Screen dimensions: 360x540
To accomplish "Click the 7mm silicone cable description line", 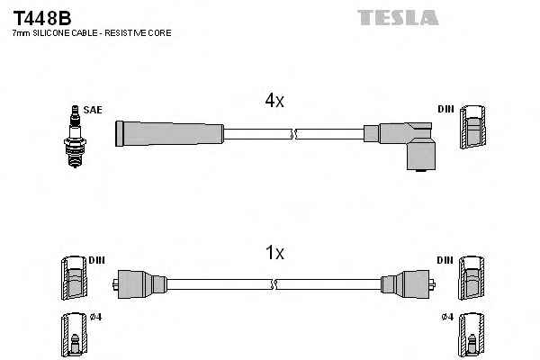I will point(91,33).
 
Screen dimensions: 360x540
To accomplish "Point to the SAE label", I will point(92,110).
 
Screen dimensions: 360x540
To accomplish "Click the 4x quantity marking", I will point(274,103).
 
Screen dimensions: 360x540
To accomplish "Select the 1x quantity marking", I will point(274,254).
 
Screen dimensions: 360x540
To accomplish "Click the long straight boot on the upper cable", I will point(169,133).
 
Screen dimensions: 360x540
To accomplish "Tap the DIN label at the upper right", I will point(445,110).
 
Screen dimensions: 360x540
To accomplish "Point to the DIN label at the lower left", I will point(96,259).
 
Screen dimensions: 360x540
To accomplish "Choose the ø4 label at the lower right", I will point(445,316).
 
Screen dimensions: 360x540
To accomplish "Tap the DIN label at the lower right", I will point(445,259).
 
